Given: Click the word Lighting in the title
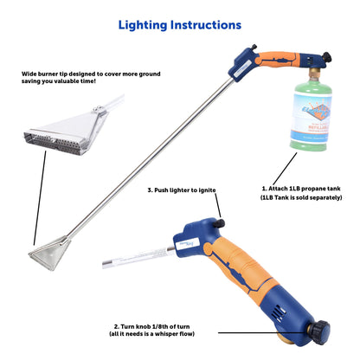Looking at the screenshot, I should click(145, 25).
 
